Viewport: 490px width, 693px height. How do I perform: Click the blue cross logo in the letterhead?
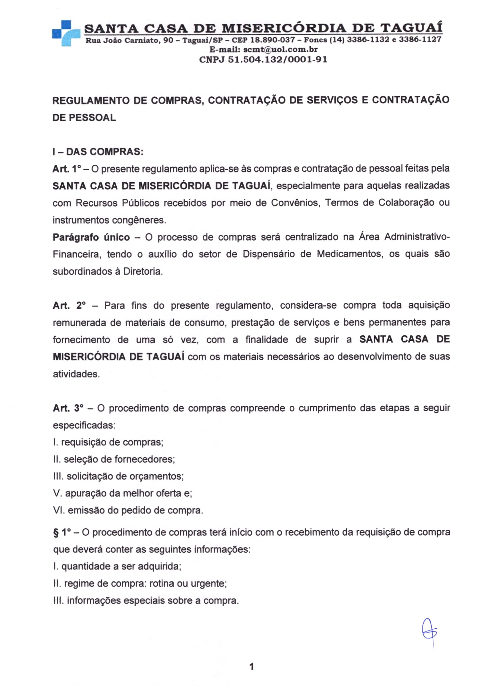[x=66, y=33]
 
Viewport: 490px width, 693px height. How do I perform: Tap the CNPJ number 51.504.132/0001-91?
[x=277, y=59]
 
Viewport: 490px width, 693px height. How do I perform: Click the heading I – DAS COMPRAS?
[x=98, y=152]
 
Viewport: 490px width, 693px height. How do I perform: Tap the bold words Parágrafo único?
[x=91, y=237]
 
